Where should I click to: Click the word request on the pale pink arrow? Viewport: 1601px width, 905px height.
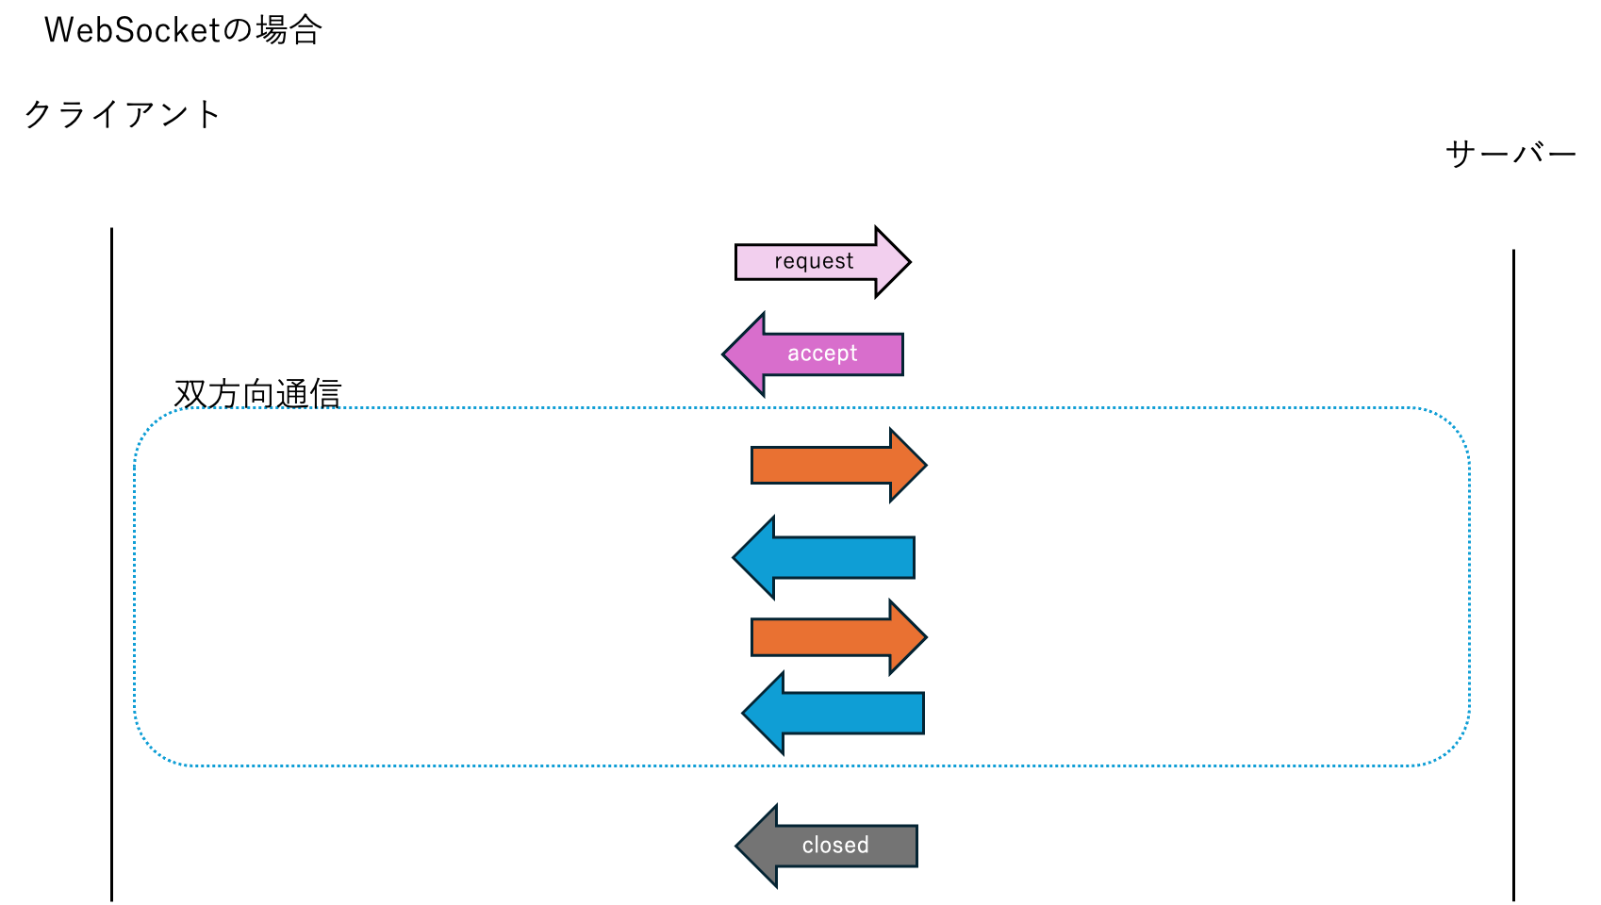[x=814, y=261]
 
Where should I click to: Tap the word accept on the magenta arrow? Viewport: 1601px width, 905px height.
[x=822, y=354]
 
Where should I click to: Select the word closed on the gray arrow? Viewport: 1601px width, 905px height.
[x=835, y=846]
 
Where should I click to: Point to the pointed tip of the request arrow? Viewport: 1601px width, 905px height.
[x=905, y=262]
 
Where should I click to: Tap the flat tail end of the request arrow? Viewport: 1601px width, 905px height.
[x=739, y=262]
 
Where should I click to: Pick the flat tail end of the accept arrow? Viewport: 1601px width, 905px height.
[x=900, y=354]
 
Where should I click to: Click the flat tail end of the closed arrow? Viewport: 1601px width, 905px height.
[x=915, y=846]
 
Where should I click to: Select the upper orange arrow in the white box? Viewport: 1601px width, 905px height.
[x=830, y=466]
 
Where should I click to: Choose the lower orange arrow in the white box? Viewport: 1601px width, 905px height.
[x=830, y=637]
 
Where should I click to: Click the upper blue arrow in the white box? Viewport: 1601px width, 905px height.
[x=830, y=557]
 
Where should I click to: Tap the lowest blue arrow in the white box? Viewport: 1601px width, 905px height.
[x=839, y=713]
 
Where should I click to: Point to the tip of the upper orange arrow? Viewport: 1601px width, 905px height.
[x=925, y=465]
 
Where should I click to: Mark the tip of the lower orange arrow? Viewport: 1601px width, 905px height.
[x=925, y=637]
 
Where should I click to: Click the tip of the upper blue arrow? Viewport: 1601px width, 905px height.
[x=735, y=557]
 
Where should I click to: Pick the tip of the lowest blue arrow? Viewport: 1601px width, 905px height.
[x=745, y=713]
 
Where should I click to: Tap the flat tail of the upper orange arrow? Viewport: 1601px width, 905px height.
[x=753, y=466]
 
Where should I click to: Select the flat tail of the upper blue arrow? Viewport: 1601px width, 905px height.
[x=913, y=557]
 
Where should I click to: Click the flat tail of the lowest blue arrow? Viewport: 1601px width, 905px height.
[x=922, y=713]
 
